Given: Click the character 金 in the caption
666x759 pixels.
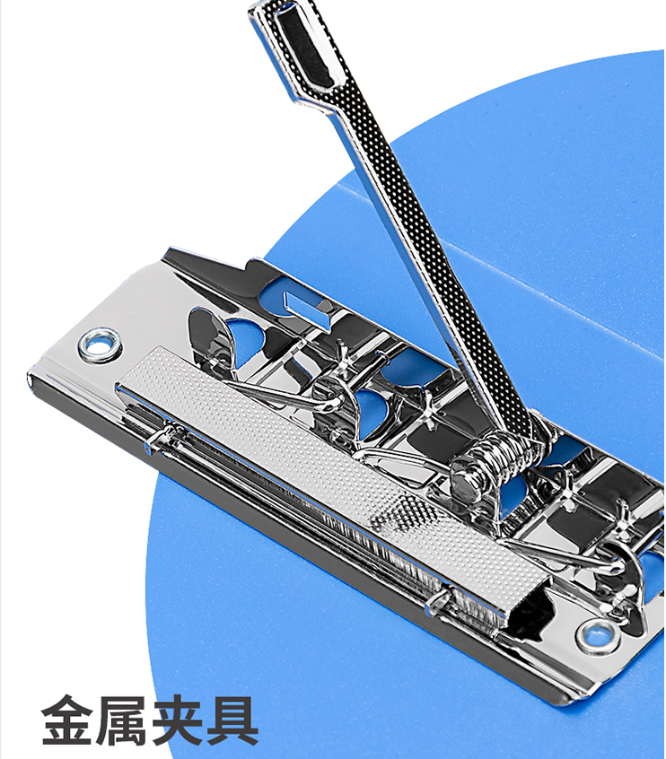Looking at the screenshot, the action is pos(66,720).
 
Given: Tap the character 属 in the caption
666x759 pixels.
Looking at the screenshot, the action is pos(120,720).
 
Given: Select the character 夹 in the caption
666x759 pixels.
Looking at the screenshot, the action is pos(176,720).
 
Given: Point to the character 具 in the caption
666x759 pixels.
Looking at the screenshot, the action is pos(231,720).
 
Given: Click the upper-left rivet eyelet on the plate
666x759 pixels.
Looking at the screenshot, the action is pos(100,345).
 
